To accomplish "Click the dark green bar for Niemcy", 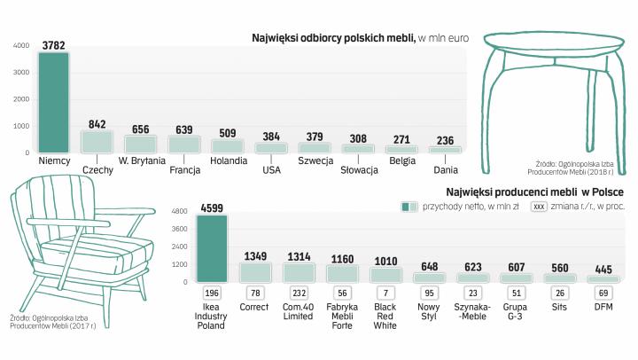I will (x=54, y=102).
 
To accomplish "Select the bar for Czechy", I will (x=97, y=141).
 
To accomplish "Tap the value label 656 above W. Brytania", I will (x=140, y=129).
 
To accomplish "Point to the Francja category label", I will (x=184, y=169).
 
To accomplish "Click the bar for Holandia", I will (x=228, y=145).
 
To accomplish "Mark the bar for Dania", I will (x=445, y=149).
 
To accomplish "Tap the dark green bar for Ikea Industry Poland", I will (x=213, y=248).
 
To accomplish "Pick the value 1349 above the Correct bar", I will (x=255, y=255).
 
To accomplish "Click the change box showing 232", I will (x=299, y=293).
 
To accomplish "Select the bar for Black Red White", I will (x=385, y=273).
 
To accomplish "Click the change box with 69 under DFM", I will (x=603, y=293).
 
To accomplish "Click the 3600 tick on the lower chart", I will (x=180, y=229).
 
